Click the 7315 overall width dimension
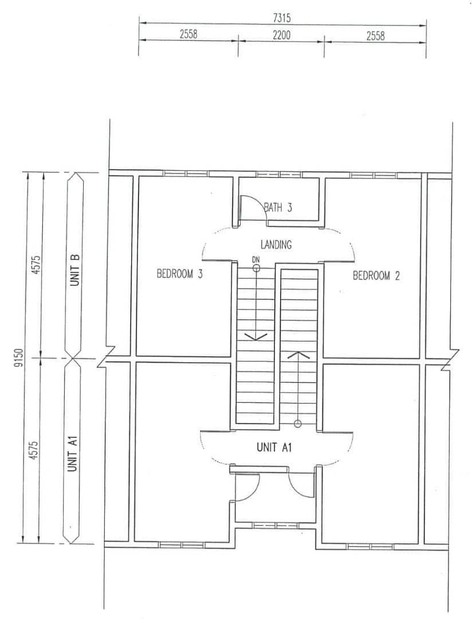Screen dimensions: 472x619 pyautogui.click(x=282, y=18)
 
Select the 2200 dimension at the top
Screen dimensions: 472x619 pyautogui.click(x=281, y=35)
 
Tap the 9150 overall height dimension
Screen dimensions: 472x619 pyautogui.click(x=18, y=358)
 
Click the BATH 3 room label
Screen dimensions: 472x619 pyautogui.click(x=278, y=207)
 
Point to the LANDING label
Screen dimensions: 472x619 pyautogui.click(x=276, y=245)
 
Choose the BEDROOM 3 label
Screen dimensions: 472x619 pyautogui.click(x=179, y=273)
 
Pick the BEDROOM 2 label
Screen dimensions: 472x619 pyautogui.click(x=376, y=276)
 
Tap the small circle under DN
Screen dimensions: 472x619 pyautogui.click(x=256, y=268)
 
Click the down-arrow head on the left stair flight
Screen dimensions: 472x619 pyautogui.click(x=256, y=337)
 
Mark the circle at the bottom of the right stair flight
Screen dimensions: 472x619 pyautogui.click(x=298, y=424)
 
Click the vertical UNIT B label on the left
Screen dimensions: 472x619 pyautogui.click(x=75, y=270)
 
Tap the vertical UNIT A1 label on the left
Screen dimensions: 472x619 pyautogui.click(x=72, y=453)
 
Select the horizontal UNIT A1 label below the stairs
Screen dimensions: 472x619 pyautogui.click(x=274, y=447)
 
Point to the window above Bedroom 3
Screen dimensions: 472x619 pyautogui.click(x=186, y=173)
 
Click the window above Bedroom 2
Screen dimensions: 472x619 pyautogui.click(x=374, y=175)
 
